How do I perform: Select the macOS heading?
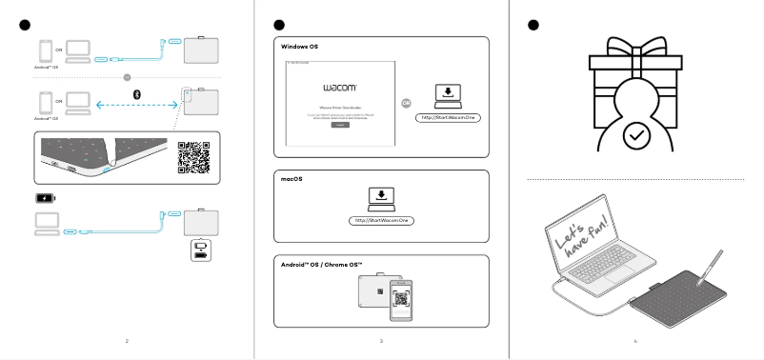[x=292, y=177]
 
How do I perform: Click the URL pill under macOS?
[x=380, y=223]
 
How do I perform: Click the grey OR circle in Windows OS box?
[x=408, y=104]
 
